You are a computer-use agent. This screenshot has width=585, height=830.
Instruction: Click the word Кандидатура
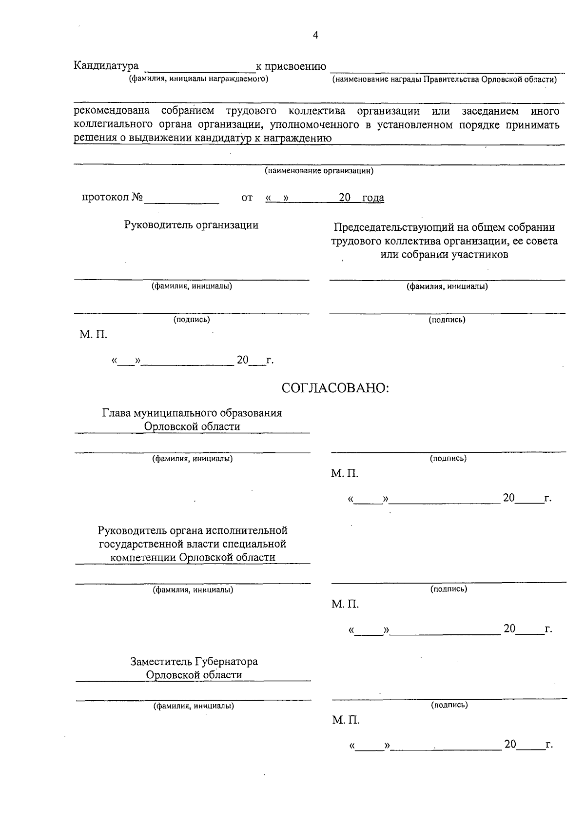[x=106, y=66]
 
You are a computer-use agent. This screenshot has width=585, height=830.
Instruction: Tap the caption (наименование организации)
[x=319, y=171]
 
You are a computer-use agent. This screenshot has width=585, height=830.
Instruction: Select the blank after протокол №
[x=181, y=198]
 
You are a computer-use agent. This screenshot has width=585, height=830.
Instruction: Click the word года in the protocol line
[x=373, y=198]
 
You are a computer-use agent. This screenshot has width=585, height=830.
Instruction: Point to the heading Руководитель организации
[x=191, y=225]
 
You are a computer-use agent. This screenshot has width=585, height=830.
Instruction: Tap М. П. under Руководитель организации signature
[x=93, y=335]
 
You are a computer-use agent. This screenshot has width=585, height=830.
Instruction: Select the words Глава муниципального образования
[x=192, y=413]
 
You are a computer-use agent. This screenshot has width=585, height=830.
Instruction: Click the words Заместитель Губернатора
[x=194, y=662]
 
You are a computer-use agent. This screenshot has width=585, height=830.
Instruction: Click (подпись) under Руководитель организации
[x=192, y=320]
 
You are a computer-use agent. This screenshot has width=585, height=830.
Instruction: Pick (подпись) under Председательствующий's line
[x=447, y=320]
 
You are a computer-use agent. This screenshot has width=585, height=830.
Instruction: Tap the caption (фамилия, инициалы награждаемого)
[x=198, y=79]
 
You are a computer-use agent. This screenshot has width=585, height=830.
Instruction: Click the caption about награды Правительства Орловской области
[x=444, y=79]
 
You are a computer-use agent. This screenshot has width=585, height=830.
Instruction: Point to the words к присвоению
[x=291, y=66]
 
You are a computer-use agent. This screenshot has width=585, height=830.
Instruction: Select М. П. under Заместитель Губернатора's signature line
[x=346, y=720]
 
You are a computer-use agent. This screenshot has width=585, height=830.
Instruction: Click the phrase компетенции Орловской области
[x=193, y=557]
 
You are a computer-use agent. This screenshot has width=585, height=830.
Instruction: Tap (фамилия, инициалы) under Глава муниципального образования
[x=193, y=459]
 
